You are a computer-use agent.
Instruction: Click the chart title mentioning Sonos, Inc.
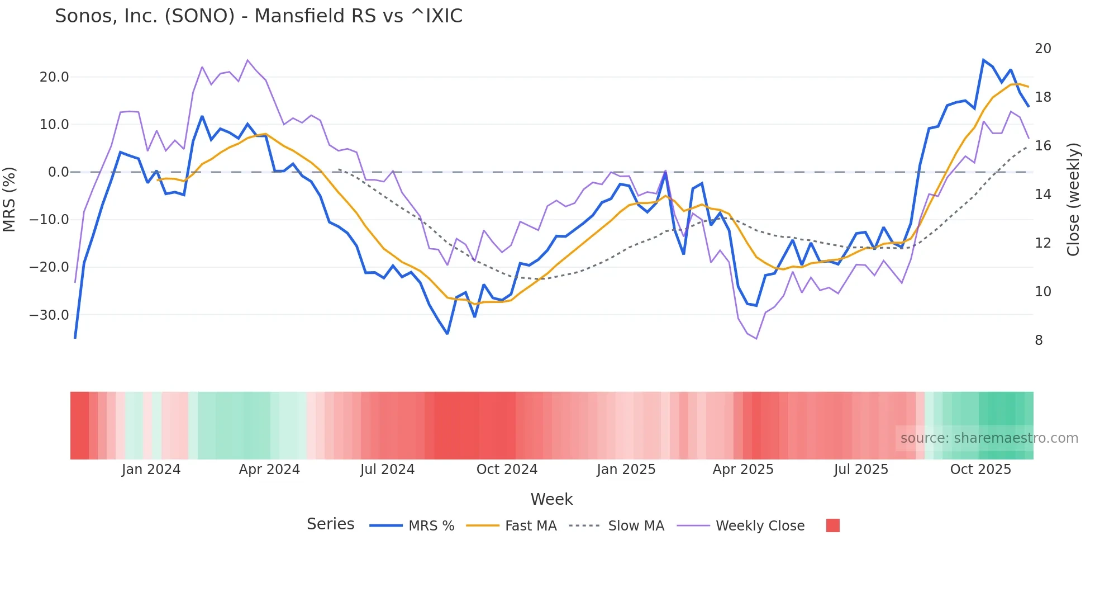[x=259, y=16]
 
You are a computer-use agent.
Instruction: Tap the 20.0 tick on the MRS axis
[x=54, y=77]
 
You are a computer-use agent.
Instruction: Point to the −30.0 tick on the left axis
[x=50, y=315]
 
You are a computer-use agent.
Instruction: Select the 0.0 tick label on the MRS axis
[x=59, y=172]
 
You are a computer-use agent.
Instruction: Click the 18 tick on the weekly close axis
[x=1042, y=97]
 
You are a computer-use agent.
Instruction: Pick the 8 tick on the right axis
[x=1039, y=340]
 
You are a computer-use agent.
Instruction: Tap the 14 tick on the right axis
[x=1042, y=195]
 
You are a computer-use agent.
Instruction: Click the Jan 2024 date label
[x=151, y=470]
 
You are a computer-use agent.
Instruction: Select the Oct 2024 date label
[x=507, y=470]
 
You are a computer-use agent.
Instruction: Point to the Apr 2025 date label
[x=743, y=470]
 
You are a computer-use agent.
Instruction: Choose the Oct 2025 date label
[x=980, y=470]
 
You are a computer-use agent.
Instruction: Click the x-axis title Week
[x=551, y=499]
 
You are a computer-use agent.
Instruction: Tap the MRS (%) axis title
[x=9, y=200]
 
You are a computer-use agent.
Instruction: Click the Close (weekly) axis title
[x=1073, y=200]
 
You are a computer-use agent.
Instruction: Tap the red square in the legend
[x=832, y=525]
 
